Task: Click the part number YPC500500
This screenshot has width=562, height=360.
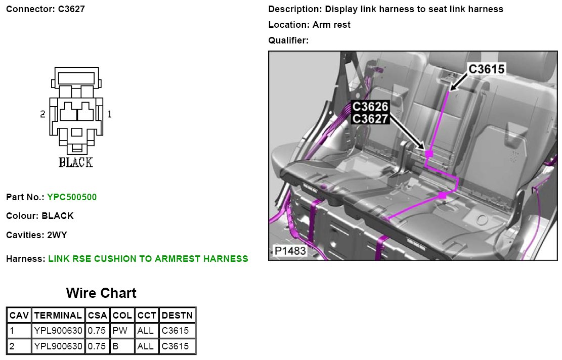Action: pyautogui.click(x=72, y=197)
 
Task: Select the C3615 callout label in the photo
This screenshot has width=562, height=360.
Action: pyautogui.click(x=486, y=69)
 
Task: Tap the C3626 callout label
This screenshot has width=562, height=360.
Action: pyautogui.click(x=370, y=106)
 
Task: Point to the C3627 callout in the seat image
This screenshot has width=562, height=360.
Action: pyautogui.click(x=370, y=118)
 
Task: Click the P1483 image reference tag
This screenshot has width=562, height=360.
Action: pyautogui.click(x=290, y=251)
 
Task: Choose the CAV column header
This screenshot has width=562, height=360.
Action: pyautogui.click(x=19, y=315)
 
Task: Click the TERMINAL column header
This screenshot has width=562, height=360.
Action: pyautogui.click(x=58, y=315)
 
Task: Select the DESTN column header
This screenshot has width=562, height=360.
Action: pyautogui.click(x=178, y=315)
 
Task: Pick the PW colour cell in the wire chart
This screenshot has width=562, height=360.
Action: pyautogui.click(x=120, y=331)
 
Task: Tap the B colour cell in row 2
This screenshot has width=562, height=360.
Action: pyautogui.click(x=115, y=346)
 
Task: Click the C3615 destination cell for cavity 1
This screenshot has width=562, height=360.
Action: pyautogui.click(x=175, y=331)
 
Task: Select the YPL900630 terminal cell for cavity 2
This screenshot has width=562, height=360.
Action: pyautogui.click(x=58, y=346)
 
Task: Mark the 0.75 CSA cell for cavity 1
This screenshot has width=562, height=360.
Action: pyautogui.click(x=97, y=331)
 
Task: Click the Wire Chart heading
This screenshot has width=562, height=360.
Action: pyautogui.click(x=101, y=293)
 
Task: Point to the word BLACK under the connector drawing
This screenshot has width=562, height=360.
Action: pyautogui.click(x=76, y=162)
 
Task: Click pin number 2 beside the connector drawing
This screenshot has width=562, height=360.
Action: pyautogui.click(x=42, y=114)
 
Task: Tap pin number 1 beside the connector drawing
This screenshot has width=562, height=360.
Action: pyautogui.click(x=109, y=114)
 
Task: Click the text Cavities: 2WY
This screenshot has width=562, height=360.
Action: pyautogui.click(x=36, y=235)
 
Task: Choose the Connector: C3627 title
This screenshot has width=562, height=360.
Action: pyautogui.click(x=46, y=9)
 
